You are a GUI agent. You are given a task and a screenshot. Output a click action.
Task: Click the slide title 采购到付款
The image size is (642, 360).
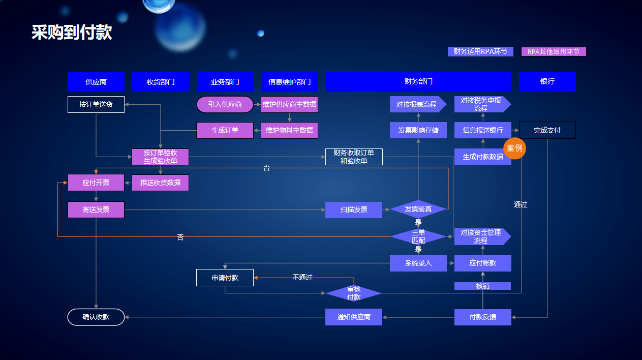click(x=72, y=32)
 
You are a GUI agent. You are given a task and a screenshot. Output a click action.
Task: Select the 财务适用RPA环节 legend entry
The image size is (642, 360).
click(x=480, y=51)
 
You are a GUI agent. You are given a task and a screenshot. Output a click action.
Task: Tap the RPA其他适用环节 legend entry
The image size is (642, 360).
click(x=554, y=51)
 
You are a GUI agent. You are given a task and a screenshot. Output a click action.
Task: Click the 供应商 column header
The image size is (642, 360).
click(x=96, y=81)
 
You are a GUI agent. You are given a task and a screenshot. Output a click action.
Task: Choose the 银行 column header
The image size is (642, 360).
click(x=547, y=81)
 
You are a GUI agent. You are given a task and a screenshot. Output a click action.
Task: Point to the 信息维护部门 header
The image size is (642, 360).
click(x=289, y=81)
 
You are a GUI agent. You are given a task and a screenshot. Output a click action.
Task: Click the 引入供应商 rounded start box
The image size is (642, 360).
click(x=225, y=104)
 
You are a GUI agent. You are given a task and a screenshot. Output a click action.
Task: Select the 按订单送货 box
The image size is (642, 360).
click(x=96, y=104)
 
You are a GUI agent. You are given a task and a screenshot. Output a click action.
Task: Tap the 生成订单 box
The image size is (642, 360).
click(x=225, y=130)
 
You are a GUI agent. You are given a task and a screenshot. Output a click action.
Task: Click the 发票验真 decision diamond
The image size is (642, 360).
click(x=418, y=209)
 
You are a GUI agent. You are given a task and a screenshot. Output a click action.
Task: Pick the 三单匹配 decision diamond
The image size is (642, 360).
click(x=418, y=236)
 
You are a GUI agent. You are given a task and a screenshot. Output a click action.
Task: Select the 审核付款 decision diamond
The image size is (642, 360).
click(x=354, y=293)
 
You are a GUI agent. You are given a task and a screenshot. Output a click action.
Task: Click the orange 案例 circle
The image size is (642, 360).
click(x=515, y=148)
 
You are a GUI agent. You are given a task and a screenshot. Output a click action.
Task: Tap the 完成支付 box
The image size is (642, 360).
click(x=547, y=130)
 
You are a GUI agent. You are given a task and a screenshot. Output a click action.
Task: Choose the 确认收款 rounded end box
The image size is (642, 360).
click(x=96, y=317)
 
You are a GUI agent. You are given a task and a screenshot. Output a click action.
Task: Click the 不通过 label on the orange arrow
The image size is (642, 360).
click(x=302, y=277)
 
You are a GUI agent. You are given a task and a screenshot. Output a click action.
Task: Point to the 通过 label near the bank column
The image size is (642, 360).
click(x=521, y=204)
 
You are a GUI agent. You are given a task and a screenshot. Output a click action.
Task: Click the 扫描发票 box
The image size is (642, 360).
click(x=354, y=209)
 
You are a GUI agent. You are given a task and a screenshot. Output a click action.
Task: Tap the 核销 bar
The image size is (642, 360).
click(x=482, y=286)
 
